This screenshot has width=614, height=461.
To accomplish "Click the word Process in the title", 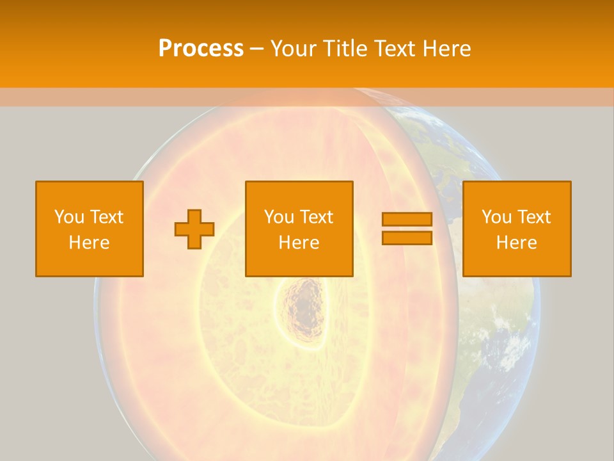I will point(201,49).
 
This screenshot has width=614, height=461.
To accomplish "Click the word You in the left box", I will point(69,217).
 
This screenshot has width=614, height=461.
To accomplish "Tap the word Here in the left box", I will point(89,243).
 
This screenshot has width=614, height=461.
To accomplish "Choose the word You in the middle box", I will point(279,217).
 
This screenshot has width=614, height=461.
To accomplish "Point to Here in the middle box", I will point(299,243).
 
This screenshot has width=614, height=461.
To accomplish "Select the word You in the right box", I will point(496,217).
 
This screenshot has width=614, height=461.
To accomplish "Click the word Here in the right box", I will point(516,243).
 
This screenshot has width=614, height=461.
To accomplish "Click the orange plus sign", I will point(194,229).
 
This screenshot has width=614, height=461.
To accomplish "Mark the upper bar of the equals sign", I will point(407,219).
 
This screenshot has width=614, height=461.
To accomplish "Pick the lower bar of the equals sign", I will point(407,238).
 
